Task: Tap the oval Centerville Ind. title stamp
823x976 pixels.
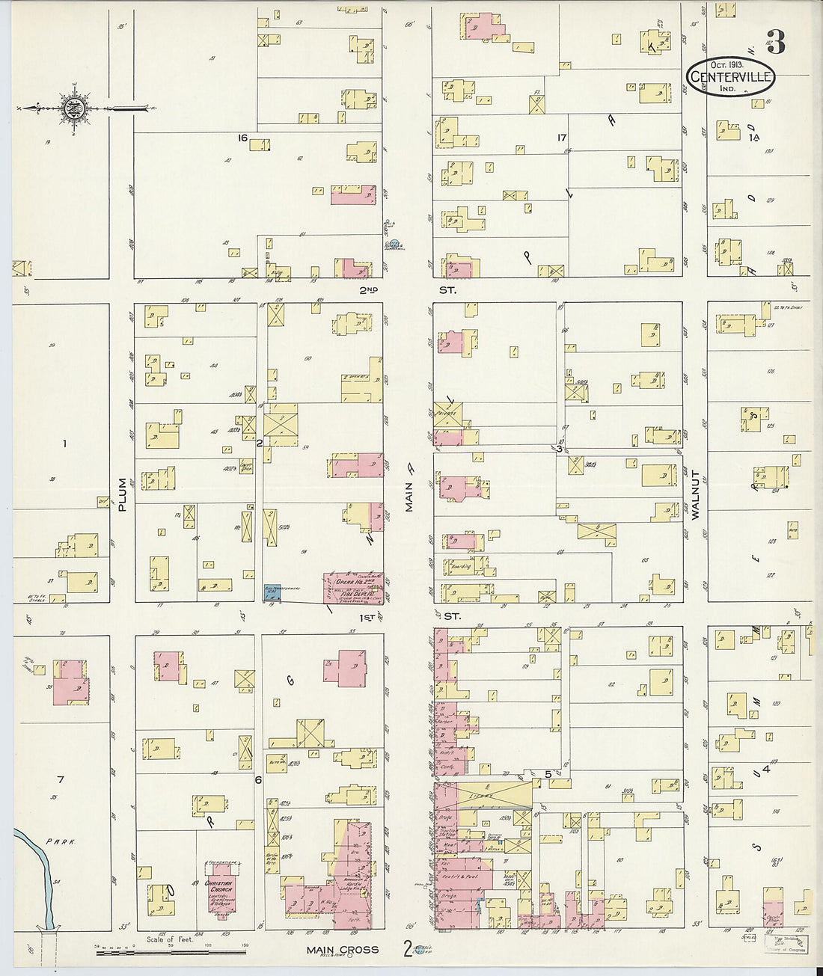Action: (730, 77)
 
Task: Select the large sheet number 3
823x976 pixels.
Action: (776, 44)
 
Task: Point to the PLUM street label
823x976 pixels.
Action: (122, 495)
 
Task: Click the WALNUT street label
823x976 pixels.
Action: (695, 494)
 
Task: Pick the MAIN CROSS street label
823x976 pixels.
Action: (342, 950)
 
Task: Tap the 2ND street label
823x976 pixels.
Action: (370, 289)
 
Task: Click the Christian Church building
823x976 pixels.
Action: (221, 889)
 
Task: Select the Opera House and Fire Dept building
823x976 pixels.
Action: (355, 588)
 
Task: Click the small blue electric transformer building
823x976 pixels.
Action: (272, 592)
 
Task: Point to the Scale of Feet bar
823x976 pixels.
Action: (171, 945)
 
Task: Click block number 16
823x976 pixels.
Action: (242, 138)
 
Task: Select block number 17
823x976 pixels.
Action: (562, 137)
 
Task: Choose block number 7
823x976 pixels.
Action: (61, 779)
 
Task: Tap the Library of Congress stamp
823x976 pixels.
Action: (786, 944)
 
